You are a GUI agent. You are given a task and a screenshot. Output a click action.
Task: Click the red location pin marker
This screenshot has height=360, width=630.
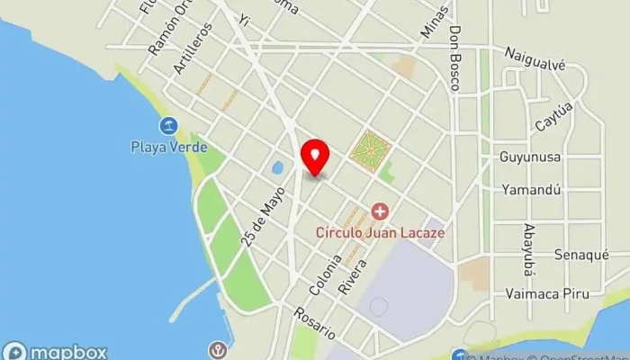pyautogui.click(x=314, y=157)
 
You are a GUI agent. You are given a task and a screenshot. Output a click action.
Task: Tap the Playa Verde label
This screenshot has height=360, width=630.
pyautogui.click(x=168, y=147)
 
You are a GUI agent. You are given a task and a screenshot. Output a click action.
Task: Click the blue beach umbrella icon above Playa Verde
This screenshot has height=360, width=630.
pyautogui.click(x=168, y=127)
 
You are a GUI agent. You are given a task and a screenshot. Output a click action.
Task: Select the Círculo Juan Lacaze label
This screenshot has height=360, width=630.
pyautogui.click(x=380, y=231)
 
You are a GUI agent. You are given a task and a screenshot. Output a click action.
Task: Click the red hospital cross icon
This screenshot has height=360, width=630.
pyautogui.click(x=380, y=212)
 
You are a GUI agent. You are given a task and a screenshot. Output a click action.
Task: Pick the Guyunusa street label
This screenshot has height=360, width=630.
pyautogui.click(x=530, y=157)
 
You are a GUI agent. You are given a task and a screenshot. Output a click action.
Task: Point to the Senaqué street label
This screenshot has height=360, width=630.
pyautogui.click(x=575, y=255)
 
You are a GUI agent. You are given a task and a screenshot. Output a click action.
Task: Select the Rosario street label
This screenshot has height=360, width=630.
pyautogui.click(x=314, y=324)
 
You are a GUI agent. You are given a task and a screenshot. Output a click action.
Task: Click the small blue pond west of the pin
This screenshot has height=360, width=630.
pyautogui.click(x=277, y=167)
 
